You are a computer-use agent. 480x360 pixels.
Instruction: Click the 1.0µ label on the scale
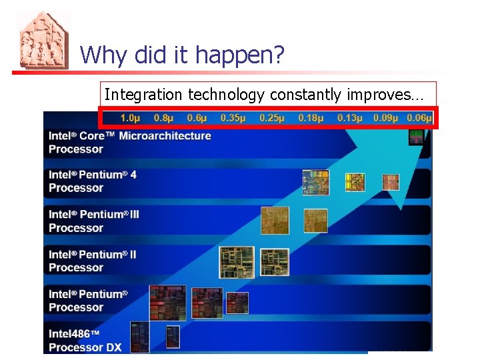tap(130, 118)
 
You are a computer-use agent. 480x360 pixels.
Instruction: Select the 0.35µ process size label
tap(233, 118)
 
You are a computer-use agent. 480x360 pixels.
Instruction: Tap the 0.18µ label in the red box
tap(311, 118)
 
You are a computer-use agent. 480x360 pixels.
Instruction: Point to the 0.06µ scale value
tap(419, 118)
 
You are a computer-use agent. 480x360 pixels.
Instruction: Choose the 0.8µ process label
tap(163, 118)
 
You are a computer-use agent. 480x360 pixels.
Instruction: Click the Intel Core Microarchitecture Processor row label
tap(129, 142)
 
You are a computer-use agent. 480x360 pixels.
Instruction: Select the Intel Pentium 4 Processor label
tap(93, 181)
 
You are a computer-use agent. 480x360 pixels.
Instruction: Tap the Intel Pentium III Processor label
tap(94, 221)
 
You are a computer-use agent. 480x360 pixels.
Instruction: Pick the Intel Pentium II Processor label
tap(93, 261)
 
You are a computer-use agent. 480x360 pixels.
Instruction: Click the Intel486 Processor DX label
tap(85, 340)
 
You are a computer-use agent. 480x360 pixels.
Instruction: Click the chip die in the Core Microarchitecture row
tap(416, 137)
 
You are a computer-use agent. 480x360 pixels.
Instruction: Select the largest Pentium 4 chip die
tap(315, 182)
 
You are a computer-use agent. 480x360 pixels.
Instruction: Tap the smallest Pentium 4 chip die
tap(390, 181)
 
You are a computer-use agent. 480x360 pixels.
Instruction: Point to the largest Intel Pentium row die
tap(167, 302)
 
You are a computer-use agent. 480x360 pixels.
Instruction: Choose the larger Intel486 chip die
tap(139, 337)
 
